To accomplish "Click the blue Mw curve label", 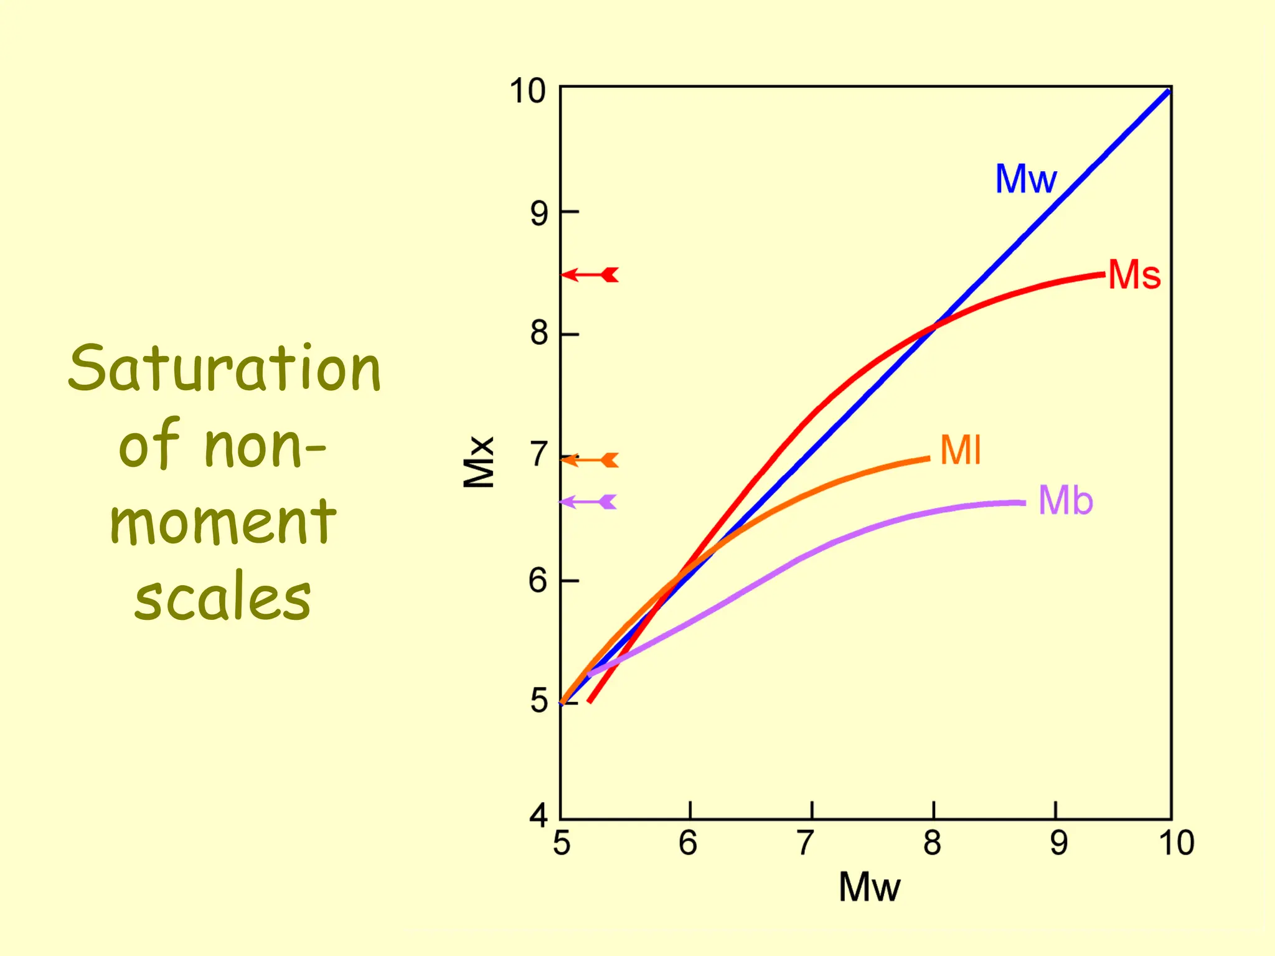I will click(x=1025, y=179).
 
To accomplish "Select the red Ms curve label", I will click(x=1134, y=274).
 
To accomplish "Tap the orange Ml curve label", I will click(x=961, y=450).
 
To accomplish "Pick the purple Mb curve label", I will click(x=1065, y=500).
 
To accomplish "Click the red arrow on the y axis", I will click(x=590, y=274).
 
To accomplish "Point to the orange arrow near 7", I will click(x=590, y=460).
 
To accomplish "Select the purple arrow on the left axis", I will click(x=588, y=502).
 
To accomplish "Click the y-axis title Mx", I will click(x=479, y=462).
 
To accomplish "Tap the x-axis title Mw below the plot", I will click(x=869, y=887).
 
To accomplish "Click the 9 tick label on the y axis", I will click(x=539, y=213).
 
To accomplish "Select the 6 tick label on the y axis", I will click(x=539, y=580).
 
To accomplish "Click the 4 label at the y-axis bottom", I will click(x=539, y=815).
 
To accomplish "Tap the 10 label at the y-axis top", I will click(x=528, y=91).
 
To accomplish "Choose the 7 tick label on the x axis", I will click(x=806, y=843).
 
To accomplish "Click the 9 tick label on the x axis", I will click(x=1058, y=843).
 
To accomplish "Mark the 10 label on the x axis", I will click(x=1176, y=843).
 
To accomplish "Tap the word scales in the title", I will click(x=222, y=598).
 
